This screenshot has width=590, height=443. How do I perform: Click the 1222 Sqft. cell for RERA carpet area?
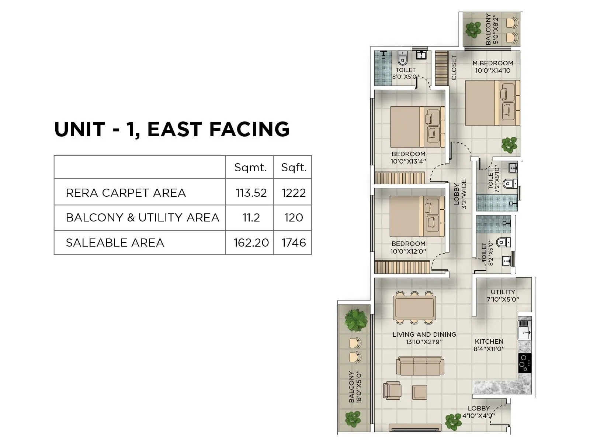coord(294,193)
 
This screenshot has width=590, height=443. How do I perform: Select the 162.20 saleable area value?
coord(251,243)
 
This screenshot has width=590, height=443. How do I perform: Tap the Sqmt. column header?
coord(250,168)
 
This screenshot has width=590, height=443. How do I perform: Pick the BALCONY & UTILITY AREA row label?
coord(142,217)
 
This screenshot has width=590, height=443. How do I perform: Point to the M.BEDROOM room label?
coord(493,63)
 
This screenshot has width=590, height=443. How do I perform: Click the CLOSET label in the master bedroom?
coord(454,68)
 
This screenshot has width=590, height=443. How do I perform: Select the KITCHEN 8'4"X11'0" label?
coord(489,345)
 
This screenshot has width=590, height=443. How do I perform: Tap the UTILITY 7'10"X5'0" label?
coord(503,295)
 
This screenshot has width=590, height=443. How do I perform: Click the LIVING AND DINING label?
coord(424,334)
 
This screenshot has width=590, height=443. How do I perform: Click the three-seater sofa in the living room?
coord(420,366)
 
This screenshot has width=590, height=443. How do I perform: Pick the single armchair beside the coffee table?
coord(391,390)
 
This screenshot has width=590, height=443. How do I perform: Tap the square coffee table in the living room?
coord(419,392)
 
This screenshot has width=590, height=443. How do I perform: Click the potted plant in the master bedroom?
coord(509,144)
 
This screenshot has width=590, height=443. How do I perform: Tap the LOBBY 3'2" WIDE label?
coord(460,194)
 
